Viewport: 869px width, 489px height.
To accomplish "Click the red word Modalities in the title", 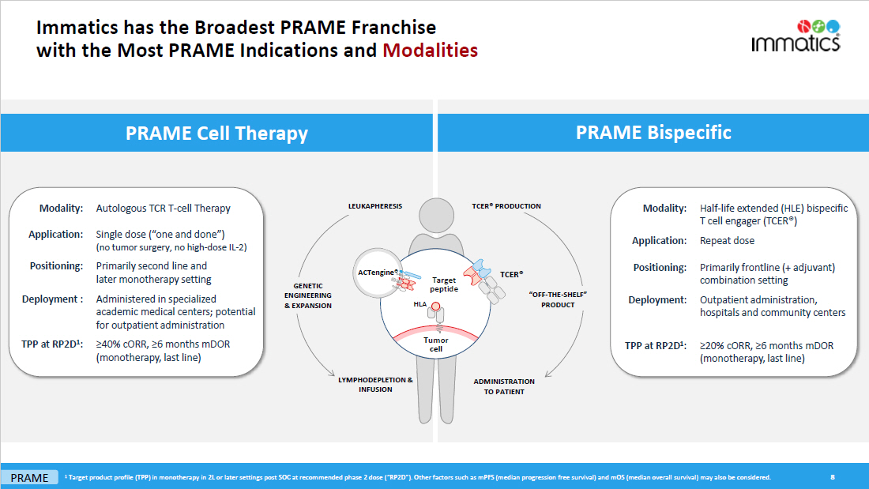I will [431, 51].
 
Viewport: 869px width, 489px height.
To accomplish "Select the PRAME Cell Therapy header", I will [216, 134].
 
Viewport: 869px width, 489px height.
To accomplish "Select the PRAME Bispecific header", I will [653, 132].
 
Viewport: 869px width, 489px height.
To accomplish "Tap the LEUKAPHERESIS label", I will [375, 206].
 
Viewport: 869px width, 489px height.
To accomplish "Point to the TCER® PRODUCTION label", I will [506, 206].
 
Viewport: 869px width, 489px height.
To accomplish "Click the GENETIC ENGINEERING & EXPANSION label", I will [308, 295].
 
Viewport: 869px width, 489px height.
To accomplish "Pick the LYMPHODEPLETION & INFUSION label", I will [375, 385].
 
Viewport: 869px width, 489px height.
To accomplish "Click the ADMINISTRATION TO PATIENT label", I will [504, 386].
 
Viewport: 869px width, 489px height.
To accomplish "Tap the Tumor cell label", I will [435, 344].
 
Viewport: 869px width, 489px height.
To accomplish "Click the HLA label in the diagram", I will [419, 303].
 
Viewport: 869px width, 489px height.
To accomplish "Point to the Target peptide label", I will [444, 284].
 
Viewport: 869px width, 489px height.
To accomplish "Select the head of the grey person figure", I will [438, 215].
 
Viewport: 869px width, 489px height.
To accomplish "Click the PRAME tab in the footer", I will [29, 478].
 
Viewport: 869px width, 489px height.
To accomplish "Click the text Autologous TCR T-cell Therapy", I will [164, 209].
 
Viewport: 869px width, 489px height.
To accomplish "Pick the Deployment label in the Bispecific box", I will [657, 300].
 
